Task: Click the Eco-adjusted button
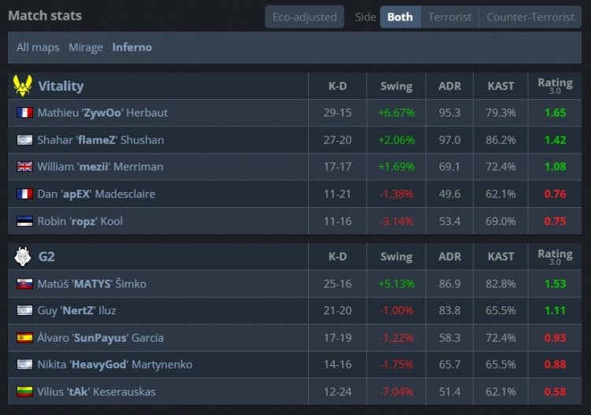pyautogui.click(x=304, y=17)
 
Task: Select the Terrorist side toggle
pyautogui.click(x=449, y=17)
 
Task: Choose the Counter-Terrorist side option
pyautogui.click(x=530, y=17)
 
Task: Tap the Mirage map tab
pyautogui.click(x=86, y=47)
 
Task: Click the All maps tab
pyautogui.click(x=38, y=47)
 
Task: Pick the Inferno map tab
pyautogui.click(x=132, y=47)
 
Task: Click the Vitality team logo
pyautogui.click(x=23, y=86)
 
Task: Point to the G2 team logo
pyautogui.click(x=23, y=257)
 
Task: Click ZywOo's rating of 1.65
pyautogui.click(x=555, y=113)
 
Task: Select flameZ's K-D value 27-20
pyautogui.click(x=337, y=140)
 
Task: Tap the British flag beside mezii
pyautogui.click(x=24, y=167)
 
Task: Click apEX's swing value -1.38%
pyautogui.click(x=396, y=195)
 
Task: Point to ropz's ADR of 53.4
pyautogui.click(x=449, y=221)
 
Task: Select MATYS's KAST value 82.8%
pyautogui.click(x=501, y=283)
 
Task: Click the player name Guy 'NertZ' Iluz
pyautogui.click(x=80, y=311)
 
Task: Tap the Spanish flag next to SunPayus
pyautogui.click(x=24, y=338)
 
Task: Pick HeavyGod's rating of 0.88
pyautogui.click(x=555, y=365)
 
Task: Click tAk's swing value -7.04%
pyautogui.click(x=396, y=392)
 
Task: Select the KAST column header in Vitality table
pyautogui.click(x=501, y=86)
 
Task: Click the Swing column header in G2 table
pyautogui.click(x=396, y=257)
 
